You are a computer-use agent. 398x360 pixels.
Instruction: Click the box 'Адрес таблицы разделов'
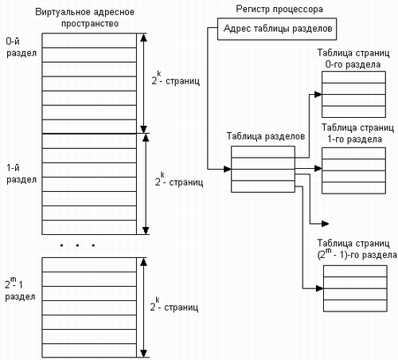[x=277, y=29]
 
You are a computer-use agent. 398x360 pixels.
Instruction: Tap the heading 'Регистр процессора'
[x=279, y=10]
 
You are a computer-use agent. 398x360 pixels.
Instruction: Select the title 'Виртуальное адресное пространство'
[x=85, y=18]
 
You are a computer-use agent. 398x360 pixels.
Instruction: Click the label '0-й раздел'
[x=21, y=47]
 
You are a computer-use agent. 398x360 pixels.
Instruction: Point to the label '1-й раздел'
[x=21, y=174]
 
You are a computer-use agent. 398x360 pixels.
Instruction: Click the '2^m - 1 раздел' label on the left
[x=20, y=289]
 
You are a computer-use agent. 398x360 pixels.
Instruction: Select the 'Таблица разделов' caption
[x=266, y=136]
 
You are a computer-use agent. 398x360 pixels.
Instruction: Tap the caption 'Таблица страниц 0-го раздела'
[x=353, y=59]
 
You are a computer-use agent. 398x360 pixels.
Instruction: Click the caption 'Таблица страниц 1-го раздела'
[x=357, y=133]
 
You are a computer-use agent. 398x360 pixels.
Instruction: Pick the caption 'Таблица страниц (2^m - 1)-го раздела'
[x=357, y=249]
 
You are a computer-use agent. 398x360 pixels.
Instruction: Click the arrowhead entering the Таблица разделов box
[x=228, y=169]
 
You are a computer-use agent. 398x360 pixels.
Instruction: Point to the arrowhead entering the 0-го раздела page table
[x=318, y=94]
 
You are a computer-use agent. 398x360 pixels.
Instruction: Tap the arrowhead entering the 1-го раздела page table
[x=318, y=168]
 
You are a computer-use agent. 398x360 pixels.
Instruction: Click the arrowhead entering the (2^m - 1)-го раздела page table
[x=320, y=288]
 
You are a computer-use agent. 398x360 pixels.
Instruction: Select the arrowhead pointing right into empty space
[x=325, y=224]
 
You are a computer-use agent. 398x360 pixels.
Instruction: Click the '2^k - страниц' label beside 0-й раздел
[x=175, y=78]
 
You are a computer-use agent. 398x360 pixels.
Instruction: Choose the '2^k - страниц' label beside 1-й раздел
[x=179, y=179]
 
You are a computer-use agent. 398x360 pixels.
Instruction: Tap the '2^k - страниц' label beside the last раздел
[x=174, y=304]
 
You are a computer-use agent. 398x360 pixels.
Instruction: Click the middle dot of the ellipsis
[x=77, y=245]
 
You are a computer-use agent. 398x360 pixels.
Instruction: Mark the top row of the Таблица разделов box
[x=263, y=152]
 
